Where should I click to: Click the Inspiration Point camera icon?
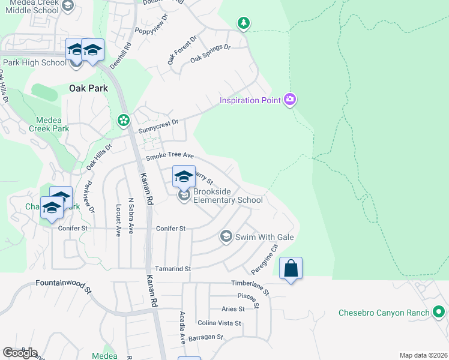pyautogui.click(x=290, y=100)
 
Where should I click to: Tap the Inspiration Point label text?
pyautogui.click(x=250, y=100)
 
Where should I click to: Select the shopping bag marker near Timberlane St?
pyautogui.click(x=291, y=269)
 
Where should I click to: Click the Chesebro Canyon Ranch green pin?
pyautogui.click(x=439, y=313)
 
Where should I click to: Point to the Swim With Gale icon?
pyautogui.click(x=226, y=236)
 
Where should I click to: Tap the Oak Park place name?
pyautogui.click(x=88, y=88)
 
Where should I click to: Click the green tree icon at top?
pyautogui.click(x=243, y=23)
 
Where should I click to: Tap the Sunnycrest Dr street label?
pyautogui.click(x=158, y=122)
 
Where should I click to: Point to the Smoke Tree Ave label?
pyautogui.click(x=170, y=156)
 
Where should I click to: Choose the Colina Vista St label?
pyautogui.click(x=219, y=323)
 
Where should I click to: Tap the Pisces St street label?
pyautogui.click(x=247, y=296)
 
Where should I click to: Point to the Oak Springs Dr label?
pyautogui.click(x=210, y=53)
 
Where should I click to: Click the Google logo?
pyautogui.click(x=20, y=353)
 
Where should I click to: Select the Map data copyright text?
pyautogui.click(x=423, y=355)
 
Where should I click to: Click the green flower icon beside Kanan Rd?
pyautogui.click(x=124, y=121)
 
